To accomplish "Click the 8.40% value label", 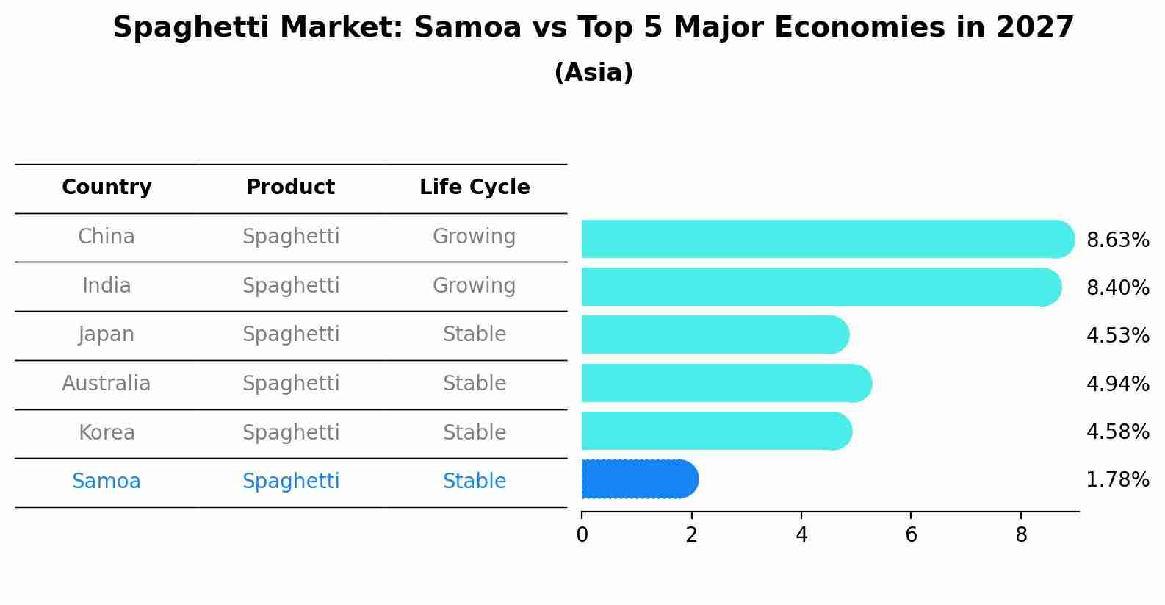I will tap(1117, 288).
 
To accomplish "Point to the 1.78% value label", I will tap(1117, 480).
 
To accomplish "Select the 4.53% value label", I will tap(1117, 336).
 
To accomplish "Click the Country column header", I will tap(107, 187).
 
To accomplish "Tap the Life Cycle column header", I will tap(475, 187).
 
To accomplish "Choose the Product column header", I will tap(290, 187).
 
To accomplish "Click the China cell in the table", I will tap(107, 237).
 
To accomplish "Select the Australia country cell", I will tap(107, 384).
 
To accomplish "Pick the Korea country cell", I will tap(107, 433).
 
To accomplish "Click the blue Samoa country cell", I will tap(107, 482).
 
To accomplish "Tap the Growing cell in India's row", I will tap(474, 286).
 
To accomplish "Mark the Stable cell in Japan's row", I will tap(474, 334).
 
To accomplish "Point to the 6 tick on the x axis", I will tap(911, 535).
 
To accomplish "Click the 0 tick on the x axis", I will tap(582, 535).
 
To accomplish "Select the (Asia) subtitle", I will tap(594, 73).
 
